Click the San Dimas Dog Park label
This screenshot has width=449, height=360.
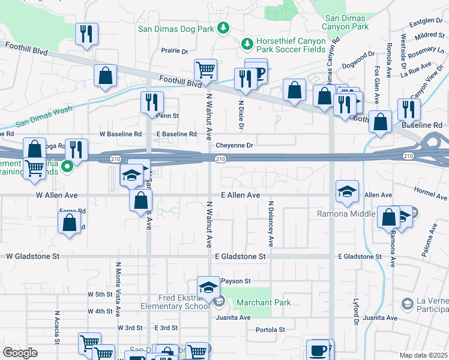coord(176,28)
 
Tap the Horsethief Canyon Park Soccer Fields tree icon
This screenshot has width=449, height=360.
coord(246,43)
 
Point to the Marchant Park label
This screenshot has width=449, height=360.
coord(264,302)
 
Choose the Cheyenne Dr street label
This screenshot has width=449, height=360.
coord(235,145)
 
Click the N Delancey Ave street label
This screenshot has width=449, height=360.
coord(271,224)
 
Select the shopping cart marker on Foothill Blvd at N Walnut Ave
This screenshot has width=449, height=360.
coord(205,70)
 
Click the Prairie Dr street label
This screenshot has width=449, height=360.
coord(175,51)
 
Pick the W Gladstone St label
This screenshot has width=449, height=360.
coord(33,256)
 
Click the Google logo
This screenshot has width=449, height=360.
coord(20,353)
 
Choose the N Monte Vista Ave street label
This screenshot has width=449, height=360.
coord(118,289)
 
